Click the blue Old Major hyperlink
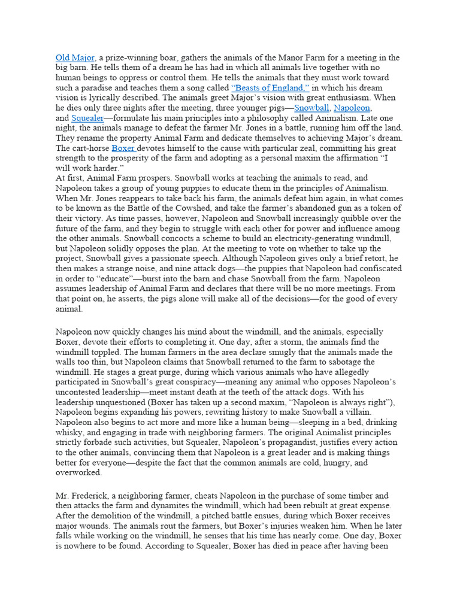75,58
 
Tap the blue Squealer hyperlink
87,118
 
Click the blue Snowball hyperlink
311,108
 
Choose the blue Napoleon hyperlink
352,108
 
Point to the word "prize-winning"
127,58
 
